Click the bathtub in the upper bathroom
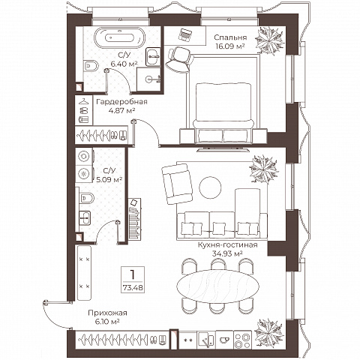(x=119, y=37)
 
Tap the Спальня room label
(x=230, y=37)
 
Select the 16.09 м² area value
(x=229, y=46)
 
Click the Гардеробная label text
(x=121, y=102)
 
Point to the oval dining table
(x=217, y=286)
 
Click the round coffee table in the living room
(x=210, y=187)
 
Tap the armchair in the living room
(x=177, y=184)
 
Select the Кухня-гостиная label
(x=227, y=244)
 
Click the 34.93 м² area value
(x=227, y=253)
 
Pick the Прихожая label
(x=107, y=313)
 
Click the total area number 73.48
(x=133, y=288)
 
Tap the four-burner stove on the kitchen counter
(x=243, y=340)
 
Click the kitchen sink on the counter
(x=206, y=340)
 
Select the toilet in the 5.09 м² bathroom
(x=87, y=198)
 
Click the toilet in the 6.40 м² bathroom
(x=91, y=67)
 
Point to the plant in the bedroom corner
(x=269, y=41)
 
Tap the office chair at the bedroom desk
(x=178, y=59)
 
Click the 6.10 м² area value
(x=107, y=322)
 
